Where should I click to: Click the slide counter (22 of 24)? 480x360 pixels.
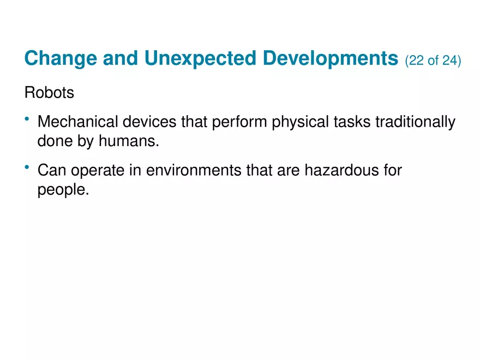point(433,60)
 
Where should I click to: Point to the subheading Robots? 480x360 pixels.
point(49,93)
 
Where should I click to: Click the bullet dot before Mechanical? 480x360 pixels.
point(27,119)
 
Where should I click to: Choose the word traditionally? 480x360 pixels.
point(415,123)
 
